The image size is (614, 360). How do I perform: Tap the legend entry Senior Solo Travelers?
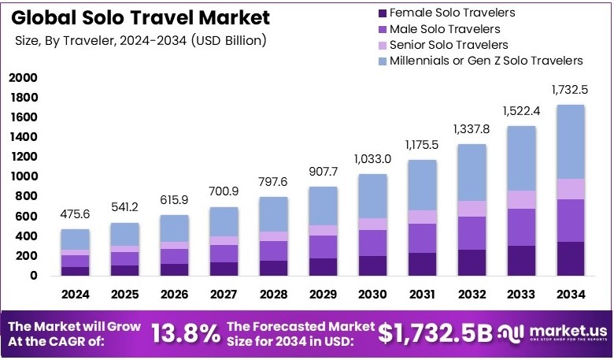pos(449,45)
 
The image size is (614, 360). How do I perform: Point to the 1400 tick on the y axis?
pos(23,137)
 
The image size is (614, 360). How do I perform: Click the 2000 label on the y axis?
pos(23,78)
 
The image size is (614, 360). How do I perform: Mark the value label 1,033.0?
pos(372,159)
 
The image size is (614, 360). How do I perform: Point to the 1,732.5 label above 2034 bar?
pos(570,90)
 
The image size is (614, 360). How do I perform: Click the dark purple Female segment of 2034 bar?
pos(570,258)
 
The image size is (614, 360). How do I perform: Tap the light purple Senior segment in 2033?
pos(520,199)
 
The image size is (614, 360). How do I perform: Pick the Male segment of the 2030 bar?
pos(372,243)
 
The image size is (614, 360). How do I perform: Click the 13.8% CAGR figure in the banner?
pos(186,334)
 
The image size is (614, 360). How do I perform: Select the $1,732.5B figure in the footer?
pos(435,334)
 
